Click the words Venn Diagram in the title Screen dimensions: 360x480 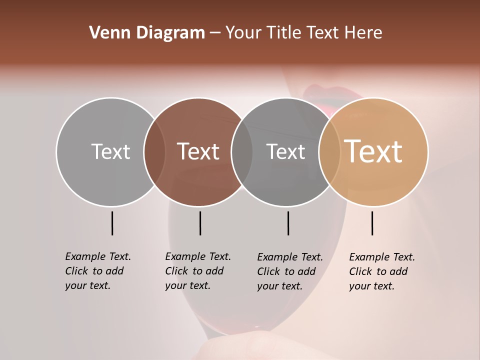147,33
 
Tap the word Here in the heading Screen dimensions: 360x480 363,33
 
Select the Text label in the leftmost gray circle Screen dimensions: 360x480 110,151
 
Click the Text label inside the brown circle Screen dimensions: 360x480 198,151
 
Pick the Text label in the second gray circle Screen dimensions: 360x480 285,151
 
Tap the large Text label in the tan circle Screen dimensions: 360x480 373,151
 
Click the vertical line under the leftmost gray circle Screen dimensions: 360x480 112,223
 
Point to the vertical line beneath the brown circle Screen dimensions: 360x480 200,223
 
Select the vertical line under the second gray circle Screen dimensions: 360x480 288,223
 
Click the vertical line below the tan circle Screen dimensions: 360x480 372,223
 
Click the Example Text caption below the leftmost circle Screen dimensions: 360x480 98,271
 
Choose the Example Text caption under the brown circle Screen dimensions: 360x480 198,271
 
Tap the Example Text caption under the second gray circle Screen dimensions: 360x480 290,271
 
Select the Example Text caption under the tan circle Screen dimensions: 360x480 382,271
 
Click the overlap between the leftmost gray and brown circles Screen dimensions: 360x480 154,151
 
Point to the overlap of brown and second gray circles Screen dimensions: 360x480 242,151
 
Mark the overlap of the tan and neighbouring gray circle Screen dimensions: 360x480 329,151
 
